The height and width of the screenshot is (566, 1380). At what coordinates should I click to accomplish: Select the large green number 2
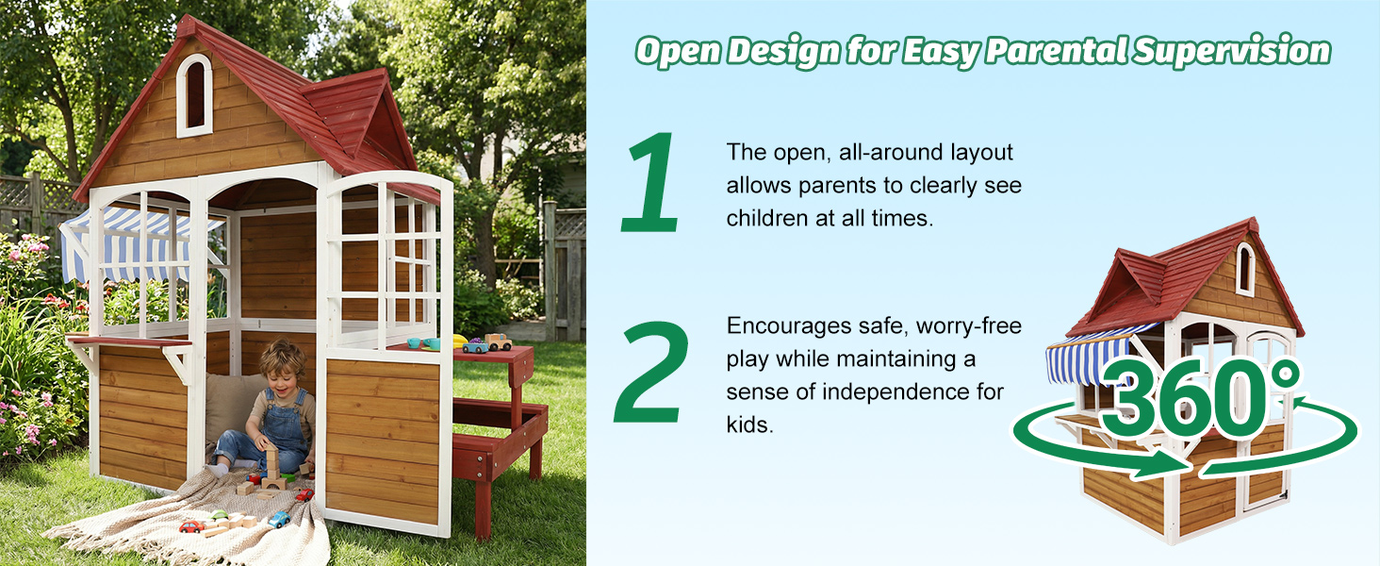tap(650, 372)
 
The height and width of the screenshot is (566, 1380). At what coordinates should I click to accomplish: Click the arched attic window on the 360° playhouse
tap(1244, 269)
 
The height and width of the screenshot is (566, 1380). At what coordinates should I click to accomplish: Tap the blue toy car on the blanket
tap(278, 519)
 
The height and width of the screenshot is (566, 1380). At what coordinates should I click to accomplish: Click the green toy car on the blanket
tap(219, 517)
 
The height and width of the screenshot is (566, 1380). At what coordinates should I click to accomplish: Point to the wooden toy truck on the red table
tap(499, 341)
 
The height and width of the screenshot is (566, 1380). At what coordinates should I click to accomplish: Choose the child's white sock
tap(219, 468)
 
